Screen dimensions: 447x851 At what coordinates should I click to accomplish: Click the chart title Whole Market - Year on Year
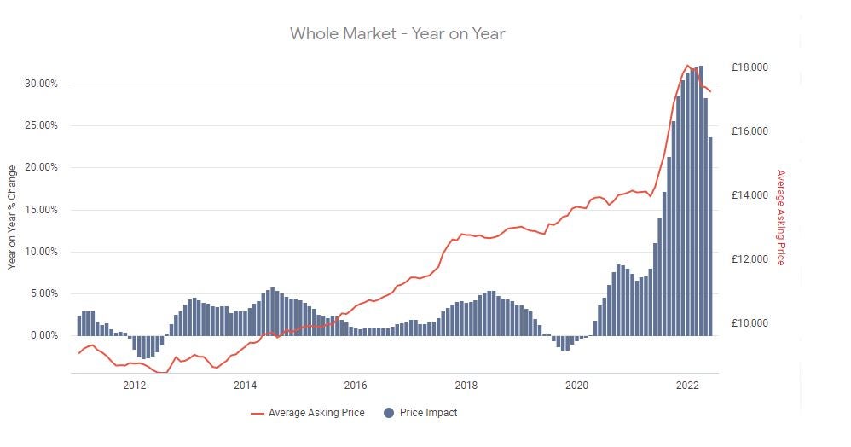point(397,34)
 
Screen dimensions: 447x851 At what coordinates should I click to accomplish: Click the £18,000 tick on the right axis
point(750,67)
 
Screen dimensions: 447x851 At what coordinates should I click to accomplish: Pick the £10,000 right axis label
point(750,323)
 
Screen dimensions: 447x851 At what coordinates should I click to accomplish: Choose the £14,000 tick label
point(750,195)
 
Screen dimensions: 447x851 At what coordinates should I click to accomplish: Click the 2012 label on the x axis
point(135,385)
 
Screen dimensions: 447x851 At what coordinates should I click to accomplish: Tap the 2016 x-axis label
point(356,385)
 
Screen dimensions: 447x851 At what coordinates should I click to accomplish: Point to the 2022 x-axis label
point(688,385)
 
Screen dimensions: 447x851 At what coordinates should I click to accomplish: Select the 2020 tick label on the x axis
point(577,385)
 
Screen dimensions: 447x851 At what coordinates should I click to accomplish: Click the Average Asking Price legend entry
point(316,413)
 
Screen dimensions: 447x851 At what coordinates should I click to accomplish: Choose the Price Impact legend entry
point(429,413)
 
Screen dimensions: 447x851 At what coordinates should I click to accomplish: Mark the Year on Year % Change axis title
point(13,217)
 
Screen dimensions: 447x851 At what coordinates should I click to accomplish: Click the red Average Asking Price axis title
point(779,217)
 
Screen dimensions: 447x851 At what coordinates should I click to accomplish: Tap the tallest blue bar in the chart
point(701,200)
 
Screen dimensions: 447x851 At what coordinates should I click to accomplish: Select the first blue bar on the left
point(79,326)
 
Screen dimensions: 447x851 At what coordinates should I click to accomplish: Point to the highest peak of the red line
point(688,65)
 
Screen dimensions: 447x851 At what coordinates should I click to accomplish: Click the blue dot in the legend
point(389,413)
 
